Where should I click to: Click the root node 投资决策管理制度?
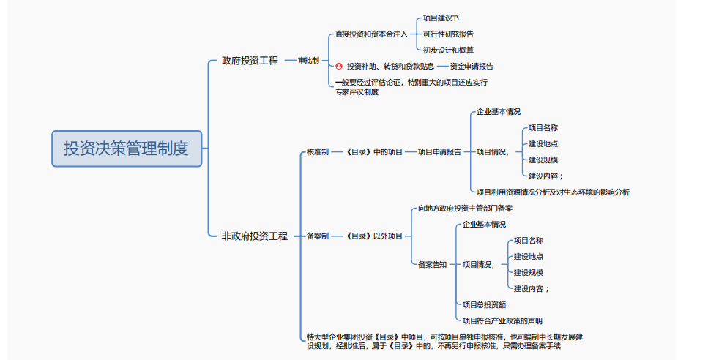(126, 149)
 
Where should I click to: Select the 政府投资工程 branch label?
(250, 60)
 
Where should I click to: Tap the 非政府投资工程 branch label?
(255, 236)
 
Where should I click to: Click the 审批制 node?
(308, 60)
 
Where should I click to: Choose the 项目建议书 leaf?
(441, 18)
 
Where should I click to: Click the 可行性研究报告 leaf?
(448, 34)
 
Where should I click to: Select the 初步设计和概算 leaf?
(448, 50)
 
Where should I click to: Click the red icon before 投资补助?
(338, 66)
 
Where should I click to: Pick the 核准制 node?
(317, 151)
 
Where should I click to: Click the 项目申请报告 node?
(439, 151)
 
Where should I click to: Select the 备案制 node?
(317, 236)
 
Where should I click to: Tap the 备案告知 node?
(432, 264)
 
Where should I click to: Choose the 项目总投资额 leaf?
(484, 304)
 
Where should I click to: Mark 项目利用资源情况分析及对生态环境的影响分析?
(553, 192)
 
